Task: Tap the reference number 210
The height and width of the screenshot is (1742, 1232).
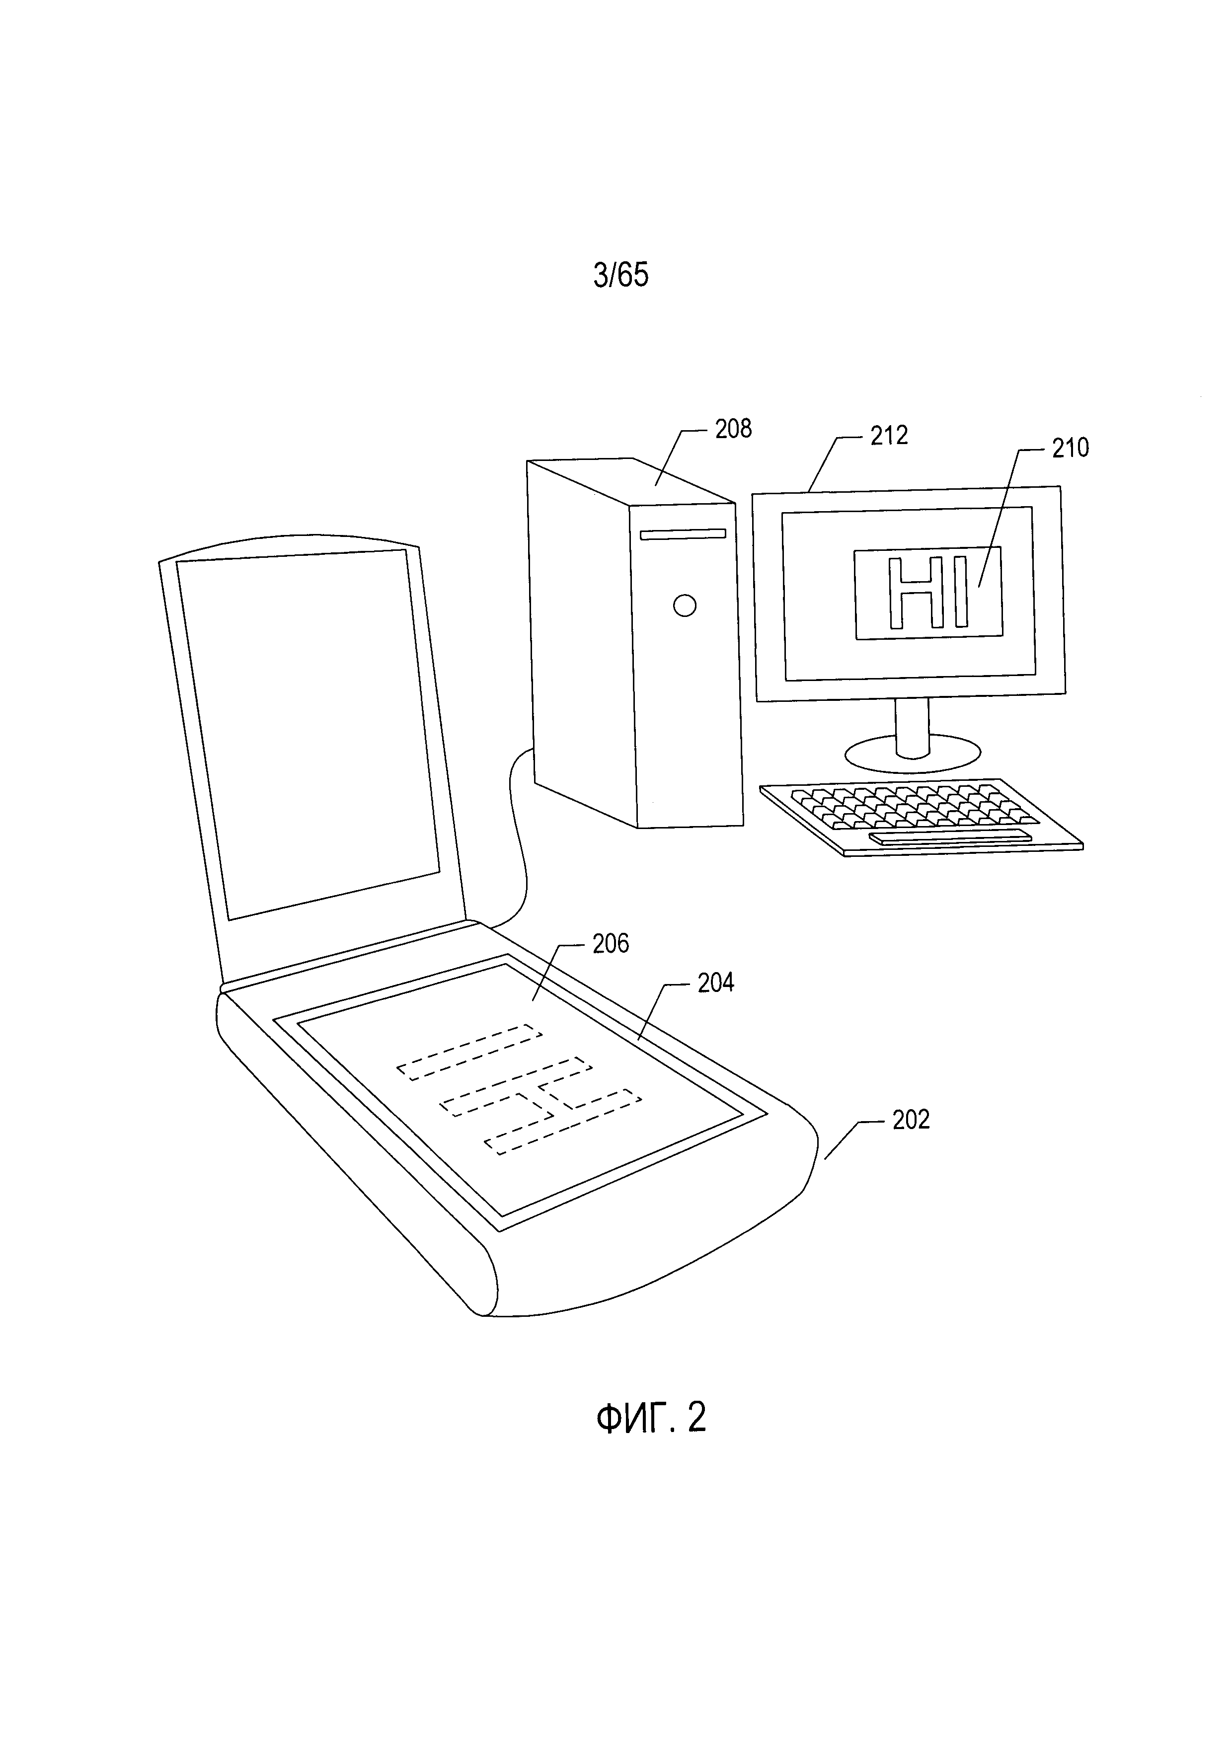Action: click(x=1070, y=449)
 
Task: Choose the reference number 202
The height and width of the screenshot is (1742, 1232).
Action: click(x=911, y=1120)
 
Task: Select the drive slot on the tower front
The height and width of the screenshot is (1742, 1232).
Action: click(x=683, y=534)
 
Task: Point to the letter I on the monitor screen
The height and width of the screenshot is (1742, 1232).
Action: click(x=961, y=593)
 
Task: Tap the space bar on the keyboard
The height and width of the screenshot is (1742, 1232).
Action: click(x=950, y=837)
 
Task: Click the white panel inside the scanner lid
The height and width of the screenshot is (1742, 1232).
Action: click(x=307, y=732)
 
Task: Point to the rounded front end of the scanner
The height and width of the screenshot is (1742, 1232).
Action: click(x=645, y=1260)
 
